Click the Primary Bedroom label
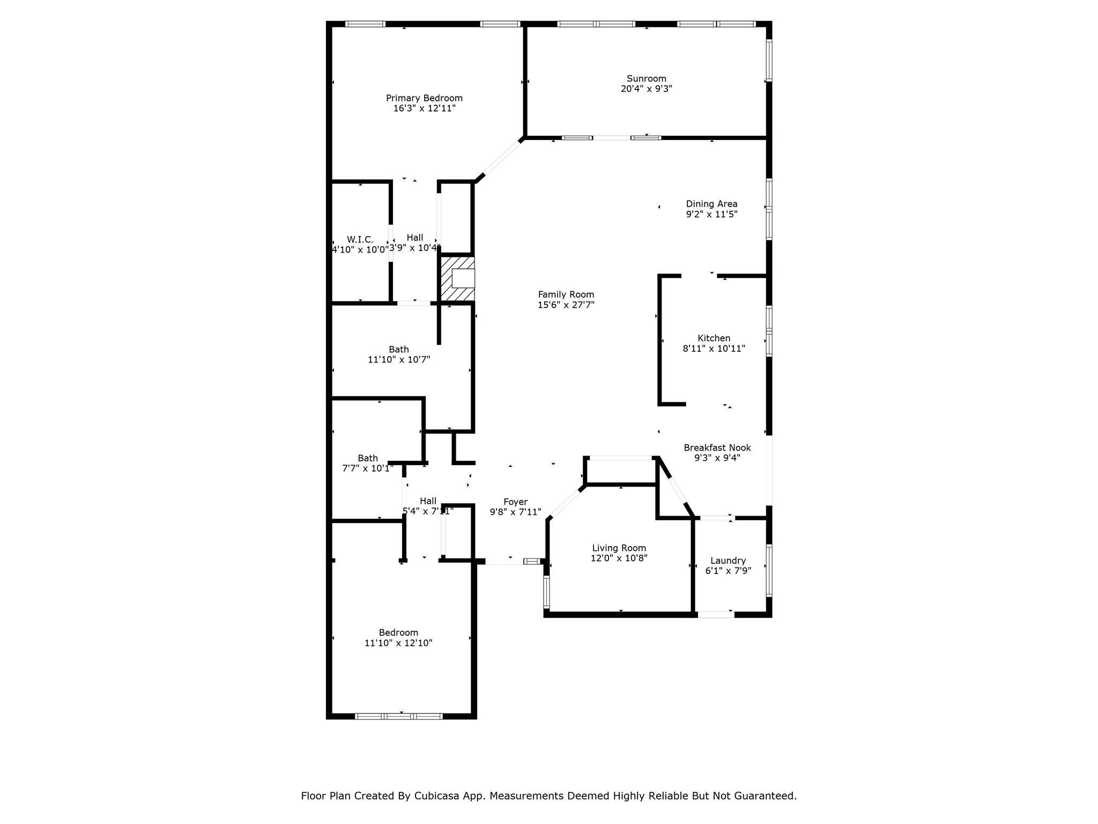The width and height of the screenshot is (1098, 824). [424, 98]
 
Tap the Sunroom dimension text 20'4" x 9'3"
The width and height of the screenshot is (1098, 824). [647, 89]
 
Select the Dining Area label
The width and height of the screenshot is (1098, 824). [711, 204]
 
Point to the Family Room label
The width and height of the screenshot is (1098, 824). [566, 295]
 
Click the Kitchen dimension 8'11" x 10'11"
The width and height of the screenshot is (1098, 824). [714, 349]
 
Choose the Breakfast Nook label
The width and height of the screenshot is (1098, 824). [717, 448]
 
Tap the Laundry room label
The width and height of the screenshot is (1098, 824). [728, 561]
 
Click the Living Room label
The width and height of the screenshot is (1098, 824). [619, 548]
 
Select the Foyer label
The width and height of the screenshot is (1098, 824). [515, 502]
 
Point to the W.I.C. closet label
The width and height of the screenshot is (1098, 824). [360, 240]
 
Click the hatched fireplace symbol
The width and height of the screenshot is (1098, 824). [457, 279]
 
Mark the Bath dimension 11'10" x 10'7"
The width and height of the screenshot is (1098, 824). [399, 360]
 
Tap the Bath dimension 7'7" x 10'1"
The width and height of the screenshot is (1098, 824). [368, 468]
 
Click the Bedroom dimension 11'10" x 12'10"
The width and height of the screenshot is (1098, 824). [398, 643]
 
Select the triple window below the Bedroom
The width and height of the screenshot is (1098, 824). [399, 716]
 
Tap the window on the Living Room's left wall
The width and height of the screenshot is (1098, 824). [546, 592]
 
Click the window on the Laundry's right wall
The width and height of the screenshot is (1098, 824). [769, 570]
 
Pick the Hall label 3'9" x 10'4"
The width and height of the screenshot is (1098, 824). [414, 243]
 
